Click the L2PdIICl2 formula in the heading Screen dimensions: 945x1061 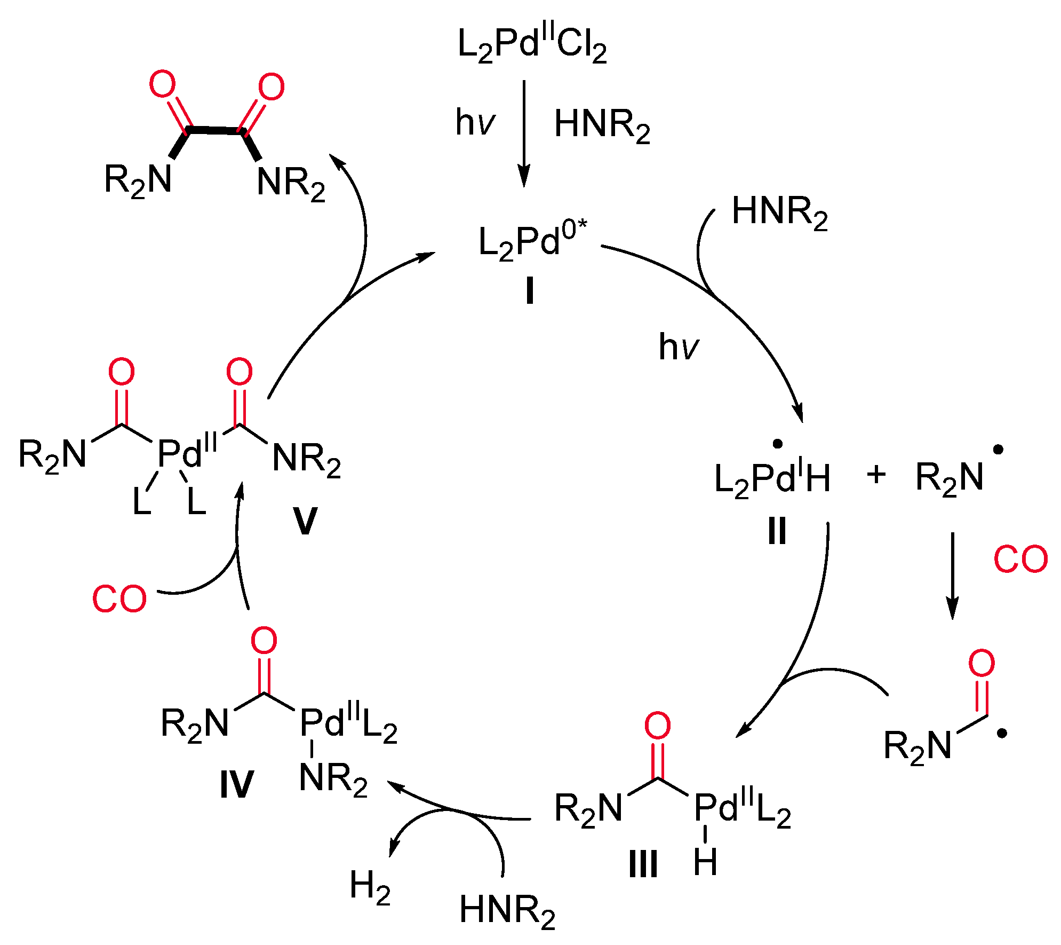pyautogui.click(x=531, y=45)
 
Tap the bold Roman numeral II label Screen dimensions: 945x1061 pyautogui.click(x=777, y=531)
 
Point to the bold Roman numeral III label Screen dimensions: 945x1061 pyautogui.click(x=643, y=864)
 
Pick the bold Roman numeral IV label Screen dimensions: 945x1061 pyautogui.click(x=236, y=785)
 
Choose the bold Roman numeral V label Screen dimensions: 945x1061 pyautogui.click(x=305, y=521)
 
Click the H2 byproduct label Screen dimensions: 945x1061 pyautogui.click(x=370, y=887)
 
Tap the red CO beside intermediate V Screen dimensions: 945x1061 pyautogui.click(x=119, y=599)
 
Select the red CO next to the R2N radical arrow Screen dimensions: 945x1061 pyautogui.click(x=1020, y=560)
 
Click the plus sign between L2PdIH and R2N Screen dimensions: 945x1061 pyautogui.click(x=876, y=474)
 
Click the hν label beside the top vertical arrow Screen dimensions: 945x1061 pyautogui.click(x=475, y=123)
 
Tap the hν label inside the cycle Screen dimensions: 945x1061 pyautogui.click(x=678, y=347)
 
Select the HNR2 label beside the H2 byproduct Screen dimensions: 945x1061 pyautogui.click(x=507, y=911)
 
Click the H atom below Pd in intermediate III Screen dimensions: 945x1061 pyautogui.click(x=705, y=862)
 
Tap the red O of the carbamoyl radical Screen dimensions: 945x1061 pyautogui.click(x=982, y=664)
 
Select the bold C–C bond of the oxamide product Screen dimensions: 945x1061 pyautogui.click(x=216, y=130)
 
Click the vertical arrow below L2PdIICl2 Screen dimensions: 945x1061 pyautogui.click(x=524, y=133)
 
